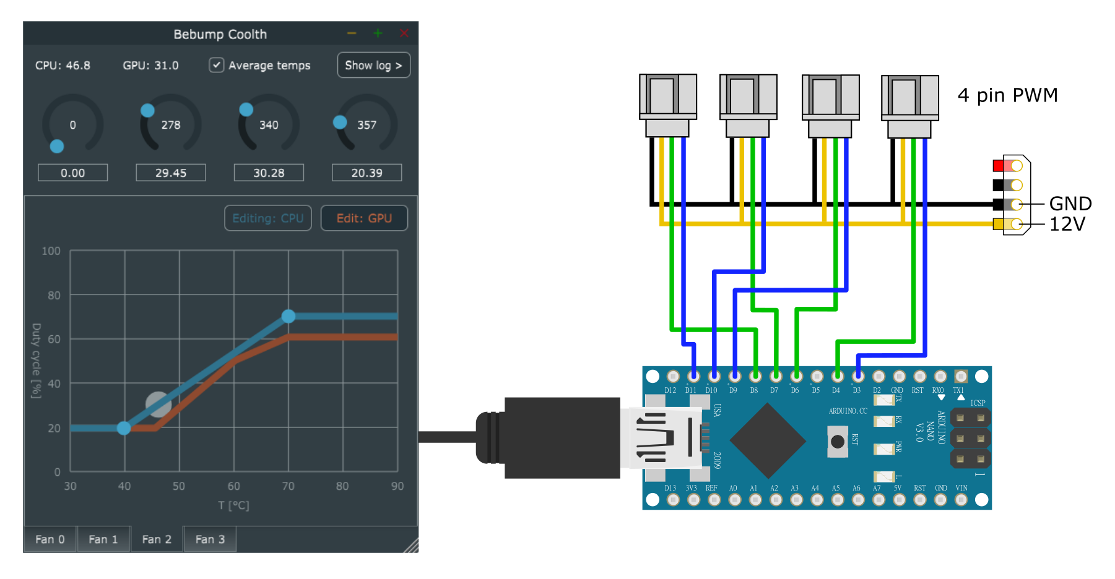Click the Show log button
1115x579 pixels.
[x=373, y=66]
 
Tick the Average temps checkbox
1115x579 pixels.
[x=217, y=65]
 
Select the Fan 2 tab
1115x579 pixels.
[x=157, y=539]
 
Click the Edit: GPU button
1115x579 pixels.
[x=364, y=218]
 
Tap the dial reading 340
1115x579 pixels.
[x=269, y=124]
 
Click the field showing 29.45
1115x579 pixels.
[x=171, y=173]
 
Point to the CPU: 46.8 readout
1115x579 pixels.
[x=63, y=66]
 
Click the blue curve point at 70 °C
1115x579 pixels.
[x=289, y=317]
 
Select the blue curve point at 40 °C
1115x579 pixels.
[x=124, y=428]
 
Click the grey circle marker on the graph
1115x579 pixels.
[x=158, y=405]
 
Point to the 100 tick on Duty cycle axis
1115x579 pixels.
[x=51, y=251]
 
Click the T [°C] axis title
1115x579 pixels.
[x=233, y=505]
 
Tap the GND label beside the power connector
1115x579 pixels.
[x=1070, y=204]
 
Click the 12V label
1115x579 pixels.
[x=1067, y=224]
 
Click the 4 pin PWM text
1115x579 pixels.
[x=1007, y=95]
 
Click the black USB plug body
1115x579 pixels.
[x=562, y=438]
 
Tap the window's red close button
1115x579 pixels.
[x=404, y=33]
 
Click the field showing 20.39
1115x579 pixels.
[x=367, y=173]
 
